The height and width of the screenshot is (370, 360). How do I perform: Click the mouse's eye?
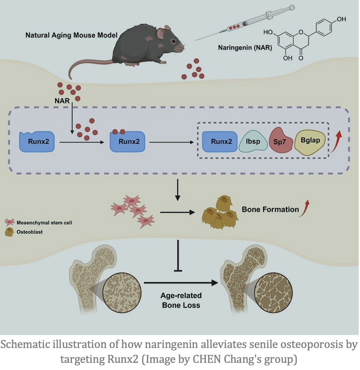coord(174,41)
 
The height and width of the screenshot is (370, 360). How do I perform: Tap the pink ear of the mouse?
coord(162,33)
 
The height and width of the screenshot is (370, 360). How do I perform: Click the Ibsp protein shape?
coord(253,141)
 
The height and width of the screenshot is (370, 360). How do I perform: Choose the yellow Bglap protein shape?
coord(310,142)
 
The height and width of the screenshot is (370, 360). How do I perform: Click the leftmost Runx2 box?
coord(37,142)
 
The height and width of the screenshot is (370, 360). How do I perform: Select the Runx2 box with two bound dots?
coord(128,141)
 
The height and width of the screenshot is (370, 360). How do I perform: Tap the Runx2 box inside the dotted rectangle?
coord(220,141)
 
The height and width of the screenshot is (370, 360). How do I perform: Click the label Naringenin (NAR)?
coord(245,48)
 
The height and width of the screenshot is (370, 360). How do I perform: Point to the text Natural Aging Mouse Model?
coord(72,35)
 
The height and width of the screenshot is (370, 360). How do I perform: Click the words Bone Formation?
coord(270,209)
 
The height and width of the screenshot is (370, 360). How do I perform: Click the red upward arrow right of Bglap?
coord(336,142)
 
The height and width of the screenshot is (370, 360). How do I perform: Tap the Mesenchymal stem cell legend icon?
coord(9,222)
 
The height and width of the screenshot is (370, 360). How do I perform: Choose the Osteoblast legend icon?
coord(9,232)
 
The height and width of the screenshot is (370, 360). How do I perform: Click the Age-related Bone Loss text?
coord(181,300)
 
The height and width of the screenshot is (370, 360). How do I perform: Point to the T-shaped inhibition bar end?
coord(178,271)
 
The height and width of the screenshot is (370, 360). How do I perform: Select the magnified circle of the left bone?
coord(122,293)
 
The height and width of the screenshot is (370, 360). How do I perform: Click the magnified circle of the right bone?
coord(273,293)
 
